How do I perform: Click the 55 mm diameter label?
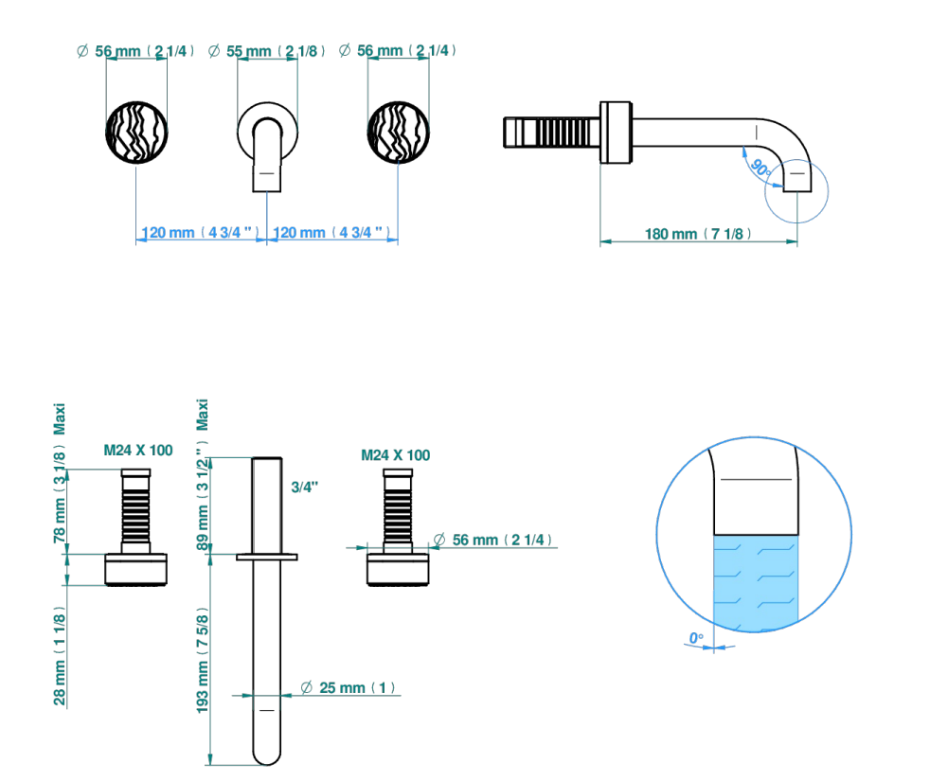coord(266,51)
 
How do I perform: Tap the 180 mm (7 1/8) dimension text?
coord(698,233)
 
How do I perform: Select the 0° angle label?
coord(696,638)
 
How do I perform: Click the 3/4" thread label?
coord(305,487)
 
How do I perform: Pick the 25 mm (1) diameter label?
coord(349,687)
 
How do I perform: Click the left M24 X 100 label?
coord(138,451)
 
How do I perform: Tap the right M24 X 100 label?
coord(396,455)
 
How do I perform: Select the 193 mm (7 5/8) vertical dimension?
coord(203,660)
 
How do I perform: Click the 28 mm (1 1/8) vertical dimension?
coord(60,656)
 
